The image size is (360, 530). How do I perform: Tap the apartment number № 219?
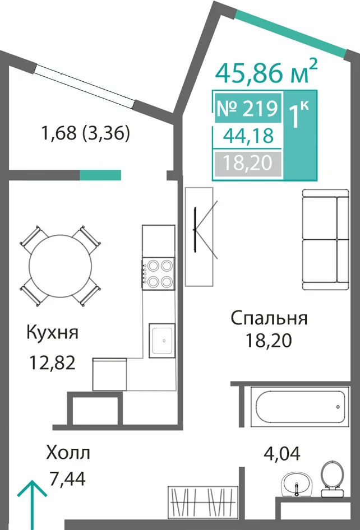(x=247, y=109)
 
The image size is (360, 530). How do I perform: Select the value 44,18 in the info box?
(x=248, y=136)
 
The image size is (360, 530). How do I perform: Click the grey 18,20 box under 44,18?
(x=248, y=164)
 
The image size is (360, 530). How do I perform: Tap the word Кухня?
(x=53, y=332)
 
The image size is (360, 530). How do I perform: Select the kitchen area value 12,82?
(x=52, y=363)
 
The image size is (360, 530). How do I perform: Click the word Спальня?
(x=269, y=318)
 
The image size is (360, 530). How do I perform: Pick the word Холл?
(x=68, y=453)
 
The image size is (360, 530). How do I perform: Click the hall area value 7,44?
(x=67, y=478)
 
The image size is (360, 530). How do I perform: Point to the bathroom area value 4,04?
(x=282, y=454)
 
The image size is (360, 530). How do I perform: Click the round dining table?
(x=61, y=266)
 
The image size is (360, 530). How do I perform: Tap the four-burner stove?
(x=158, y=274)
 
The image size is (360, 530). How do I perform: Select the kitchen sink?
(x=162, y=341)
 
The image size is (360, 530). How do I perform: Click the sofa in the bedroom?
(x=325, y=240)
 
